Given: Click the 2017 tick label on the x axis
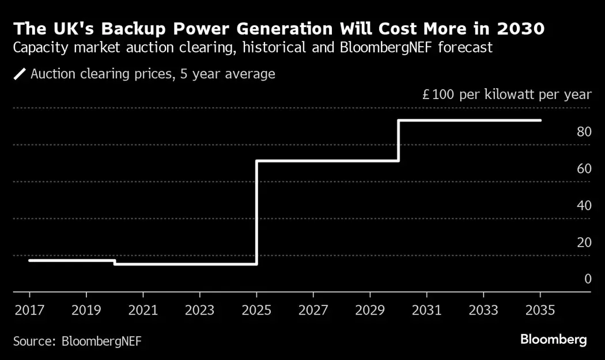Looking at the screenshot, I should click(x=30, y=310).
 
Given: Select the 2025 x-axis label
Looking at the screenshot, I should click(x=256, y=310).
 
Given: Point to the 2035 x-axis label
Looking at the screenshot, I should click(x=540, y=310).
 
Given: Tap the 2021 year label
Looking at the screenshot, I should click(x=143, y=310).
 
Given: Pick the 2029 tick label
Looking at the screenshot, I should click(x=370, y=310).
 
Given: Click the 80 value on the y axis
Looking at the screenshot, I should click(x=584, y=132).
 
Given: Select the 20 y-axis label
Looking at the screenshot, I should click(x=584, y=242).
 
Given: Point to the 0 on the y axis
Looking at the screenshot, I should click(x=588, y=279).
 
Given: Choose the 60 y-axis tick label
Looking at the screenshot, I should click(x=584, y=169).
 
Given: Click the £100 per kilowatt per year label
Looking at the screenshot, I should click(x=506, y=94).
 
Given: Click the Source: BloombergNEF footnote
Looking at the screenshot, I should click(x=77, y=341).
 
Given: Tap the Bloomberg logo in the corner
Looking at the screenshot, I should click(x=554, y=340).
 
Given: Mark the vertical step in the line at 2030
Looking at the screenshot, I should click(x=398, y=141).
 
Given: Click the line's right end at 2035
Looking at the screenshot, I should click(x=540, y=120).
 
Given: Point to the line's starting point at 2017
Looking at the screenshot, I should click(x=30, y=260).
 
